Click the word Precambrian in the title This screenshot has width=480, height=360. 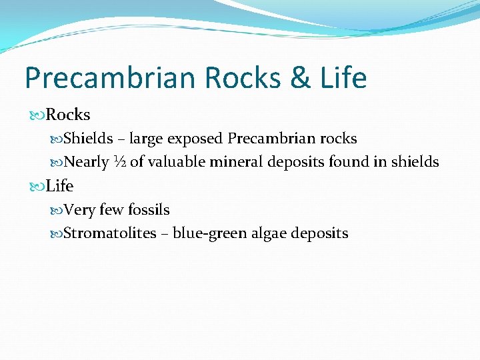point(109,78)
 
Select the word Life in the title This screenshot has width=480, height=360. point(342,78)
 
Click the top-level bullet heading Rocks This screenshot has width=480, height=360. point(68,115)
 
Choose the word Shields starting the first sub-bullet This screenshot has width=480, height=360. point(88,139)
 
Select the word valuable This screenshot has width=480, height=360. point(177,162)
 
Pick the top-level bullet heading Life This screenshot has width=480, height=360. point(60,186)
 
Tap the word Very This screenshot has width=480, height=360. point(80,210)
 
